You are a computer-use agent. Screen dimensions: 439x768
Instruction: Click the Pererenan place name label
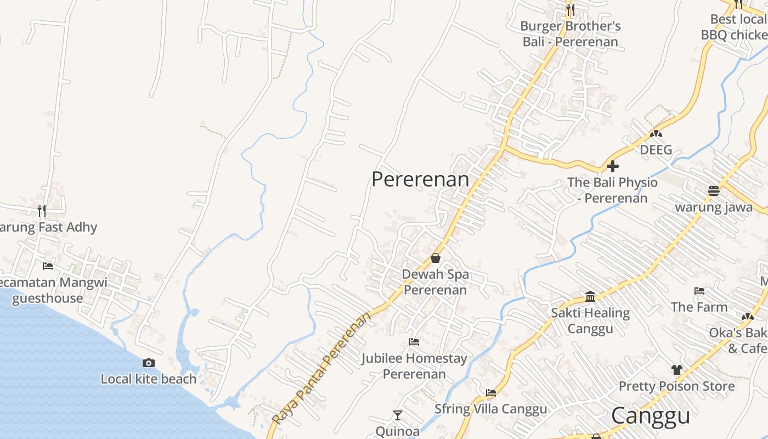[420, 179]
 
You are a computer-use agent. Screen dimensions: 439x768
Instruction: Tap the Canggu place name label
[650, 416]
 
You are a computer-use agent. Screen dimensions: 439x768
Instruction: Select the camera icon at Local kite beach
[148, 363]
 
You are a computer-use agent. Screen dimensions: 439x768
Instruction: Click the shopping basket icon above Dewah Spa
[436, 257]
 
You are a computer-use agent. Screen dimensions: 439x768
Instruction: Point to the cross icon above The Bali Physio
[613, 166]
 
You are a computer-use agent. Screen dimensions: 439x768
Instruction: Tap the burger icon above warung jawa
[713, 191]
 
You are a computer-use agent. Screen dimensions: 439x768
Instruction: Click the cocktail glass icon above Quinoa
[398, 415]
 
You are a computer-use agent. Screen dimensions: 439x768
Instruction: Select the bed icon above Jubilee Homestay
[414, 342]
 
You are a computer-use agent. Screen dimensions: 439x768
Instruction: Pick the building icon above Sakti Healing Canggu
[590, 296]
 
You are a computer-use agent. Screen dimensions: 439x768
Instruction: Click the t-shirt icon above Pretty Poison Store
[676, 370]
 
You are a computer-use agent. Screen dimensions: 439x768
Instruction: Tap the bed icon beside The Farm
[699, 291]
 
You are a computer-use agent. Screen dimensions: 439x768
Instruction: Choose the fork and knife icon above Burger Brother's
[571, 9]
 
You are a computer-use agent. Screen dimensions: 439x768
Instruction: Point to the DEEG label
[656, 150]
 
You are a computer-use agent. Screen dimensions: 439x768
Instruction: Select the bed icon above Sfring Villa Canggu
[491, 392]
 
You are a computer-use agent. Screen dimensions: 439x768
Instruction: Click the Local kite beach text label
[148, 379]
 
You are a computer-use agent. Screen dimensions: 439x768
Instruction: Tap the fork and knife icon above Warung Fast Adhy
[42, 210]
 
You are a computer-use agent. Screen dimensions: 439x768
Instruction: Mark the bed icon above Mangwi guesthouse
[48, 266]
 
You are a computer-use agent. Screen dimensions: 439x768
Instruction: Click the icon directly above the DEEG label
[656, 134]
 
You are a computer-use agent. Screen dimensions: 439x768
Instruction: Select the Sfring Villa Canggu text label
[491, 409]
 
